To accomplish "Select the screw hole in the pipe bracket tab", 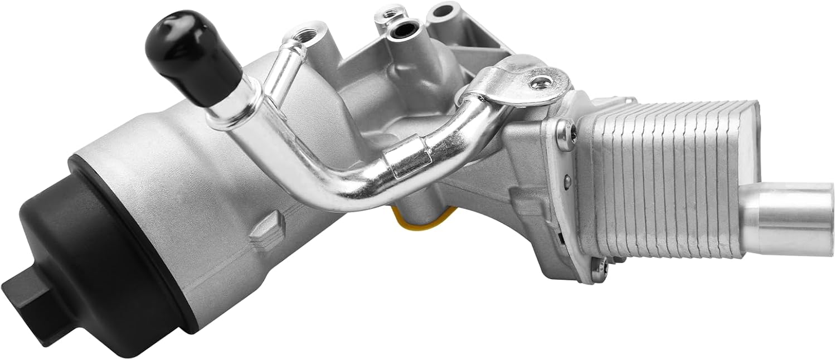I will pos(539,84).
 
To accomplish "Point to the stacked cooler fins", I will pos(669,178).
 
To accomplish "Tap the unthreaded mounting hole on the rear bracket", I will pos(441,10).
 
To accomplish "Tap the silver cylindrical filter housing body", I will pos(184,184).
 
